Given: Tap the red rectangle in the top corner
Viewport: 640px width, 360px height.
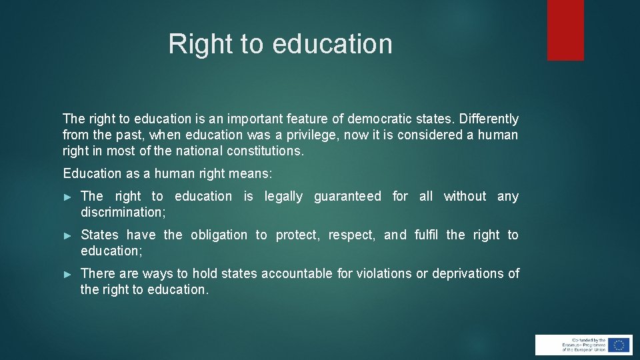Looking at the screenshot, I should (x=565, y=29).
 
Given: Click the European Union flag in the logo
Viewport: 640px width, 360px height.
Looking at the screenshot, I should (x=619, y=345).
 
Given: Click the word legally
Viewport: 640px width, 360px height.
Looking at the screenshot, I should (x=283, y=197).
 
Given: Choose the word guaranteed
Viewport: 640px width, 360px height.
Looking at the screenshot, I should (x=347, y=197).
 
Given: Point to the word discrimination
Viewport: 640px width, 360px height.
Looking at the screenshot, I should (x=122, y=213).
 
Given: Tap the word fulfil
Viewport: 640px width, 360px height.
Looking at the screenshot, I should (x=427, y=235).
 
